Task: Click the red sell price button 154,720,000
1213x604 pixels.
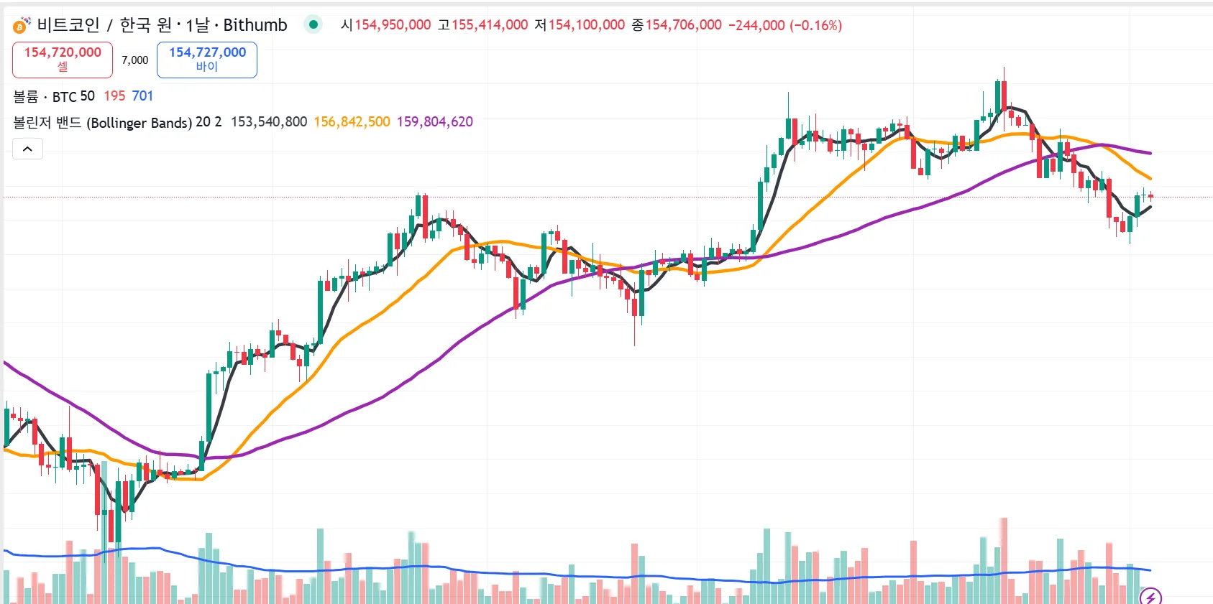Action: tap(63, 60)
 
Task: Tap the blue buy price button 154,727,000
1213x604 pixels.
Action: tap(207, 60)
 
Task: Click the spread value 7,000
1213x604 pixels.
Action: tap(135, 60)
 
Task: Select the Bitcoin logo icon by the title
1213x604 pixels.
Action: tap(20, 26)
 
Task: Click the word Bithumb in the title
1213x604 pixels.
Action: tap(255, 25)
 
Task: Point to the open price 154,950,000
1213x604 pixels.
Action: tap(393, 25)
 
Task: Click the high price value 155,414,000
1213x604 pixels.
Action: tap(490, 25)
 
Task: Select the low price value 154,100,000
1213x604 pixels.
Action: tap(587, 25)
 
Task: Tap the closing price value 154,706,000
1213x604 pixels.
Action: tap(683, 25)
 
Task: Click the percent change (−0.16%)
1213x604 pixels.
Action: tap(815, 25)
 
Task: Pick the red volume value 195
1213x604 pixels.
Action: tap(114, 96)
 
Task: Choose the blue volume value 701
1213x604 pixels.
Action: tap(142, 96)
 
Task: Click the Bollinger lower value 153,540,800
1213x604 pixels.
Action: tap(269, 122)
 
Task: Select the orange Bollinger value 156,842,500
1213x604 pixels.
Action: tap(352, 122)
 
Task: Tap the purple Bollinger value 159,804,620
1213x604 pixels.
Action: tap(435, 122)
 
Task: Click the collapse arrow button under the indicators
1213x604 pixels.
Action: tap(27, 149)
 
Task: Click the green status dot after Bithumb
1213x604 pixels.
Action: tap(313, 24)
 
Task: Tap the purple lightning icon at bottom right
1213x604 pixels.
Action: tap(1150, 596)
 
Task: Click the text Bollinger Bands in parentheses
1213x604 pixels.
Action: tap(139, 123)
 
